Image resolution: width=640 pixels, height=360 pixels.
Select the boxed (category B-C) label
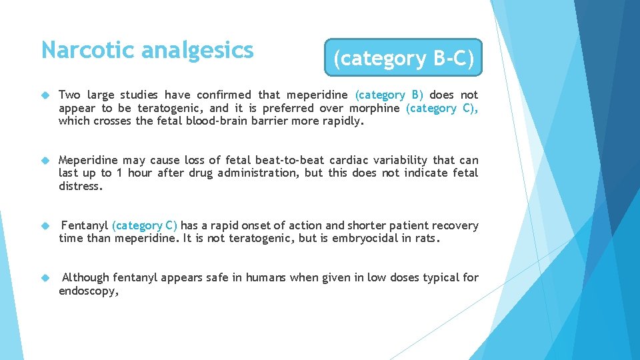click(x=403, y=59)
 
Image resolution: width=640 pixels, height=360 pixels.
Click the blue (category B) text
click(x=389, y=95)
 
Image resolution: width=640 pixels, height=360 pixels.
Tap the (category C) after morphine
click(x=441, y=108)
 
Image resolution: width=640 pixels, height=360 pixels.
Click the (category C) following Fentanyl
click(x=145, y=226)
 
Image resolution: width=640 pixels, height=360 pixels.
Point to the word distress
click(x=81, y=186)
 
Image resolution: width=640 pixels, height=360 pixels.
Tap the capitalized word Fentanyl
click(x=85, y=226)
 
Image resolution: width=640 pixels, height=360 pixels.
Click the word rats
click(x=427, y=239)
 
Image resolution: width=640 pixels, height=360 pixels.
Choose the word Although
click(x=86, y=278)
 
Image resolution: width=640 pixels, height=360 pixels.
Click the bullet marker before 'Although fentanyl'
click(x=45, y=278)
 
